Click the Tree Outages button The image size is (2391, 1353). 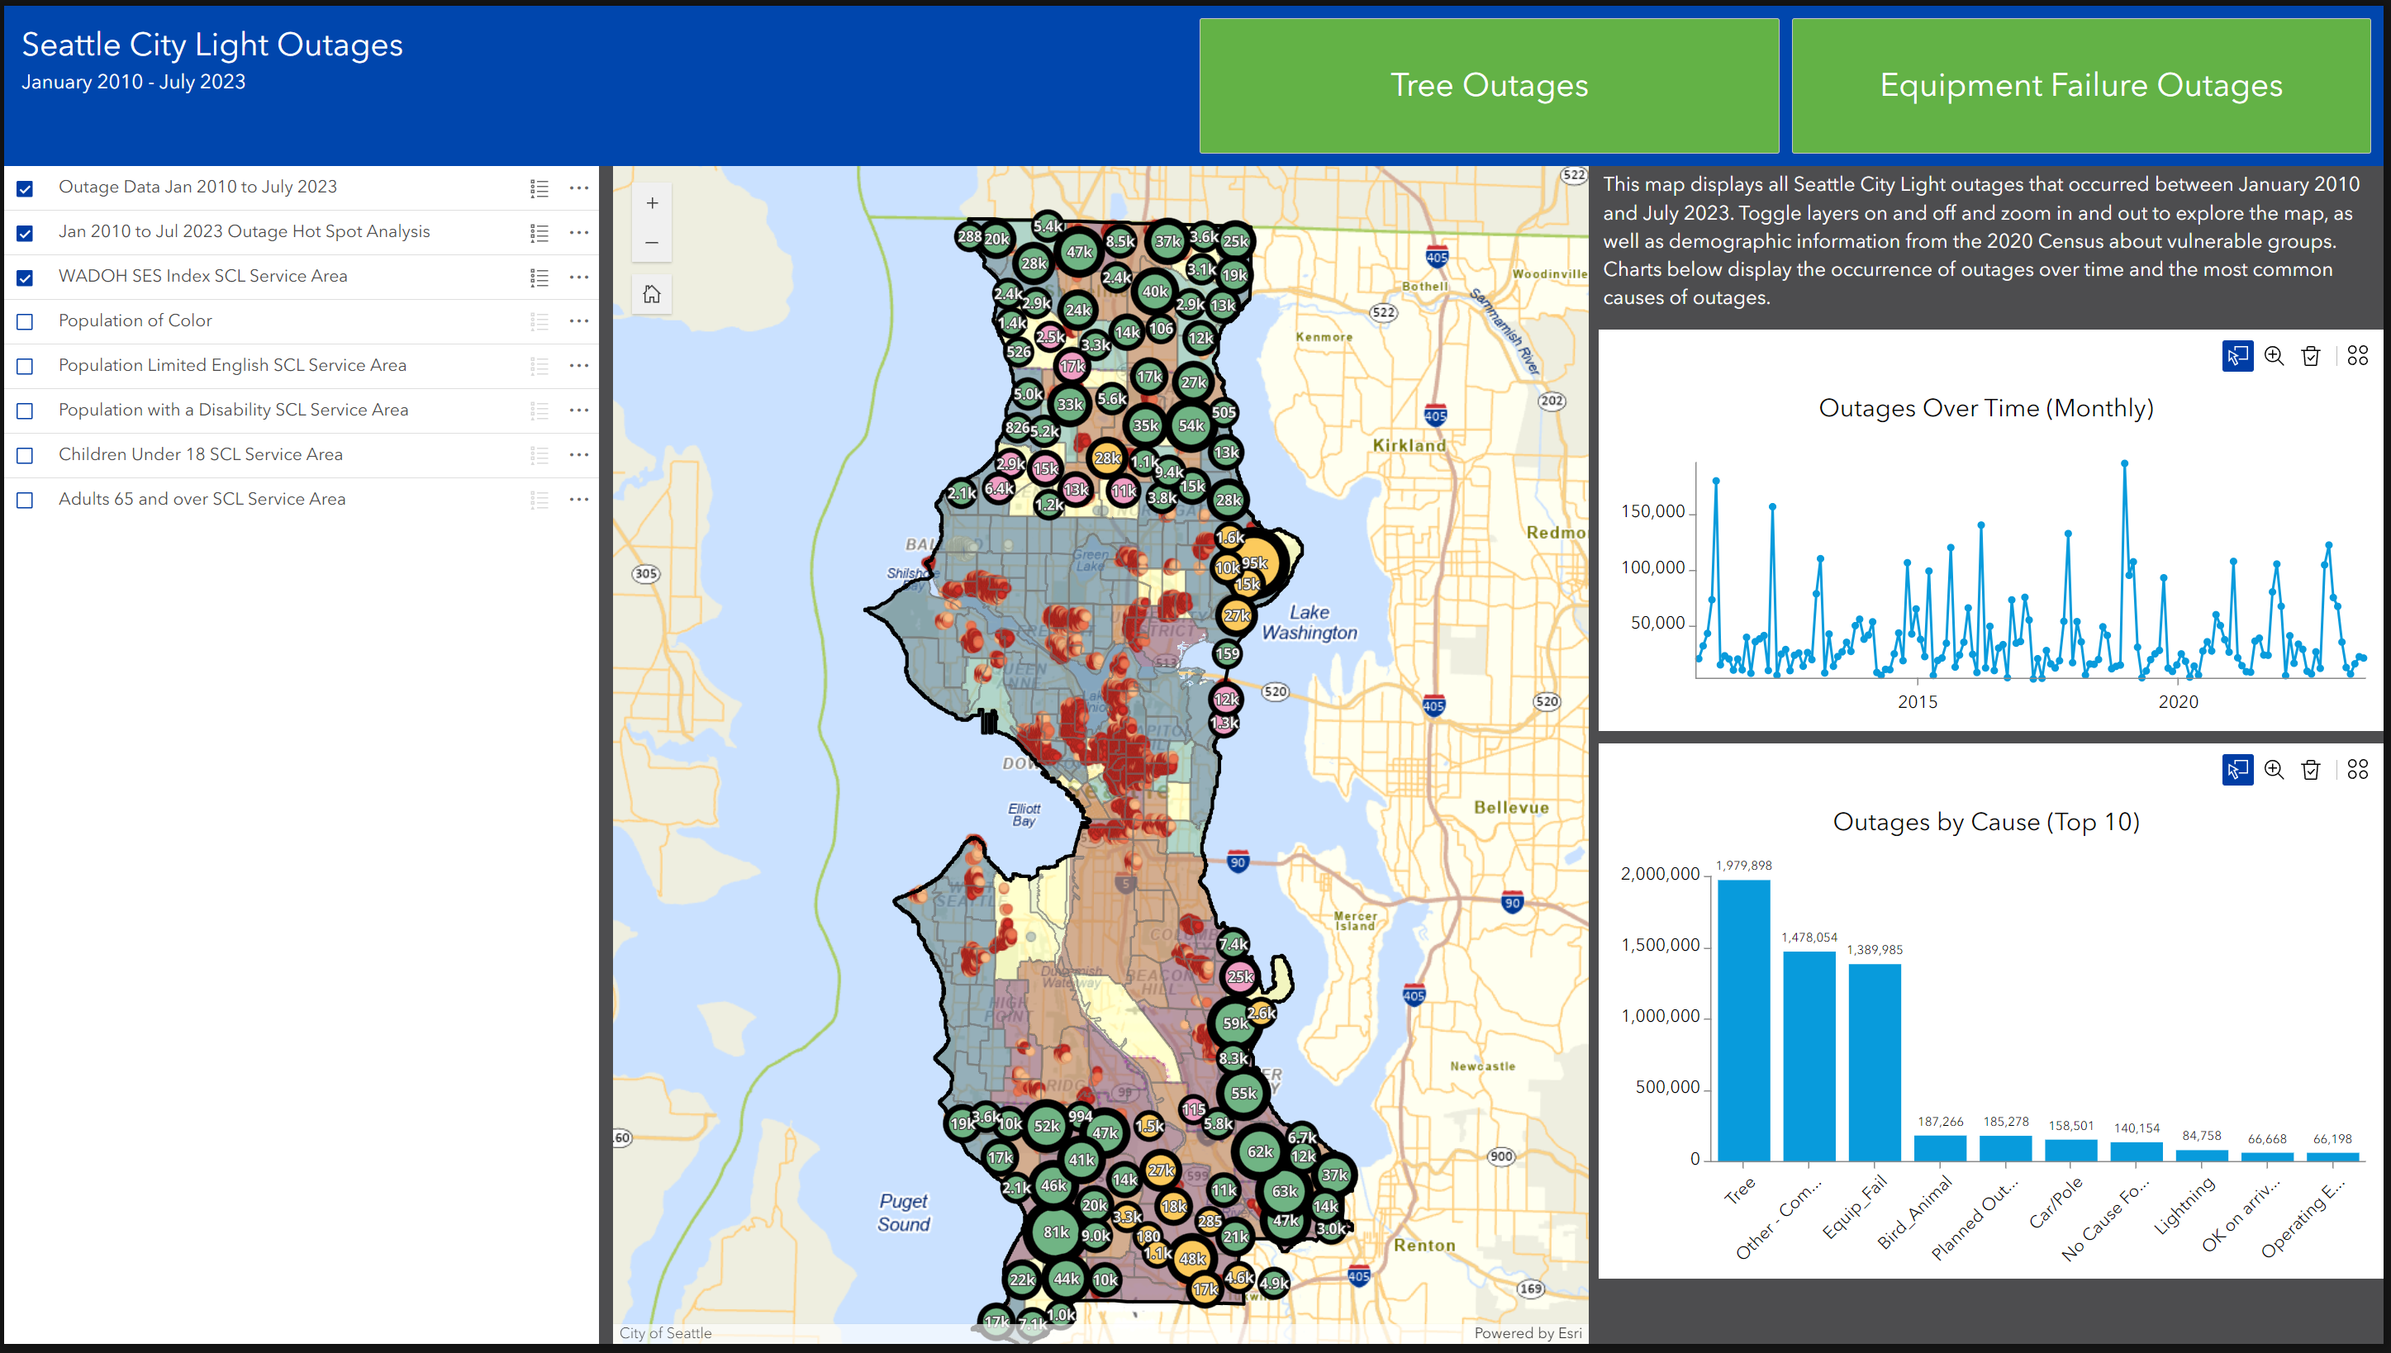pyautogui.click(x=1488, y=86)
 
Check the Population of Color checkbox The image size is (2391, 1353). pyautogui.click(x=25, y=321)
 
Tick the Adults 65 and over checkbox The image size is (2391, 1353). pyautogui.click(x=25, y=500)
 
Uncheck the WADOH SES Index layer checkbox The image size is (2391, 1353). pyautogui.click(x=25, y=277)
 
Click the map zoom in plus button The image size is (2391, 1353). pyautogui.click(x=651, y=203)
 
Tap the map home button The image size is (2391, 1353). pyautogui.click(x=651, y=295)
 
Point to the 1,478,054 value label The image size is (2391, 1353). pyautogui.click(x=1809, y=938)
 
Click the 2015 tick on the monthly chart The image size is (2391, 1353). pyautogui.click(x=1917, y=701)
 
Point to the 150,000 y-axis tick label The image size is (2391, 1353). pyautogui.click(x=1652, y=512)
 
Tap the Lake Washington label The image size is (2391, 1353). pyautogui.click(x=1309, y=623)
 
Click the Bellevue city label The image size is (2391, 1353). pyautogui.click(x=1511, y=808)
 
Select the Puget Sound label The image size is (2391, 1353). pyautogui.click(x=903, y=1213)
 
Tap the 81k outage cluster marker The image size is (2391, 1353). pyautogui.click(x=1056, y=1232)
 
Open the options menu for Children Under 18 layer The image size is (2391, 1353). pyautogui.click(x=579, y=454)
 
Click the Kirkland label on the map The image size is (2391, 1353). pyautogui.click(x=1409, y=445)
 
